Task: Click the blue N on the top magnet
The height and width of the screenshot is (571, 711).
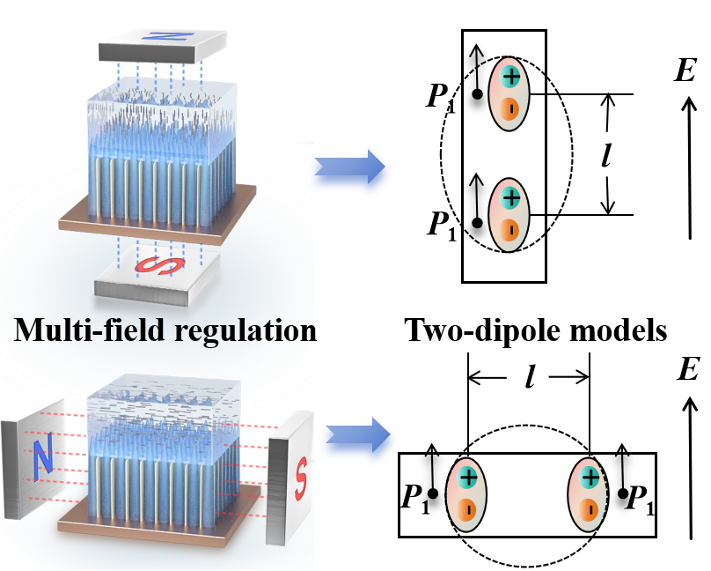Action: click(x=160, y=39)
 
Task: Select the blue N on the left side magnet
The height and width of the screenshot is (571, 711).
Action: click(x=40, y=457)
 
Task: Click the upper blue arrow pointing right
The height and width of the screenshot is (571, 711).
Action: click(x=349, y=172)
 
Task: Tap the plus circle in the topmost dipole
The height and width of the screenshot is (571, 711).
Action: click(x=510, y=77)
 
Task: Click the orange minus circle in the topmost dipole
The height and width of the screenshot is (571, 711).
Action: click(x=510, y=109)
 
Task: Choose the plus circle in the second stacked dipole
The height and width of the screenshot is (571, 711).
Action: click(x=510, y=197)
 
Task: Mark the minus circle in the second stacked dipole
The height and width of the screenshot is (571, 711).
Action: click(x=510, y=230)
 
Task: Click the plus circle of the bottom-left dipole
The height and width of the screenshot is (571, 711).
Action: click(x=468, y=478)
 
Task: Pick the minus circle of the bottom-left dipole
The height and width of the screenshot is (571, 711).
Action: click(x=468, y=510)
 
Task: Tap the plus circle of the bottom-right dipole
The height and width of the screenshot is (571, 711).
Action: click(x=589, y=478)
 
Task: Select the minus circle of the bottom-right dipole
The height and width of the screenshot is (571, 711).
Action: click(x=589, y=510)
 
